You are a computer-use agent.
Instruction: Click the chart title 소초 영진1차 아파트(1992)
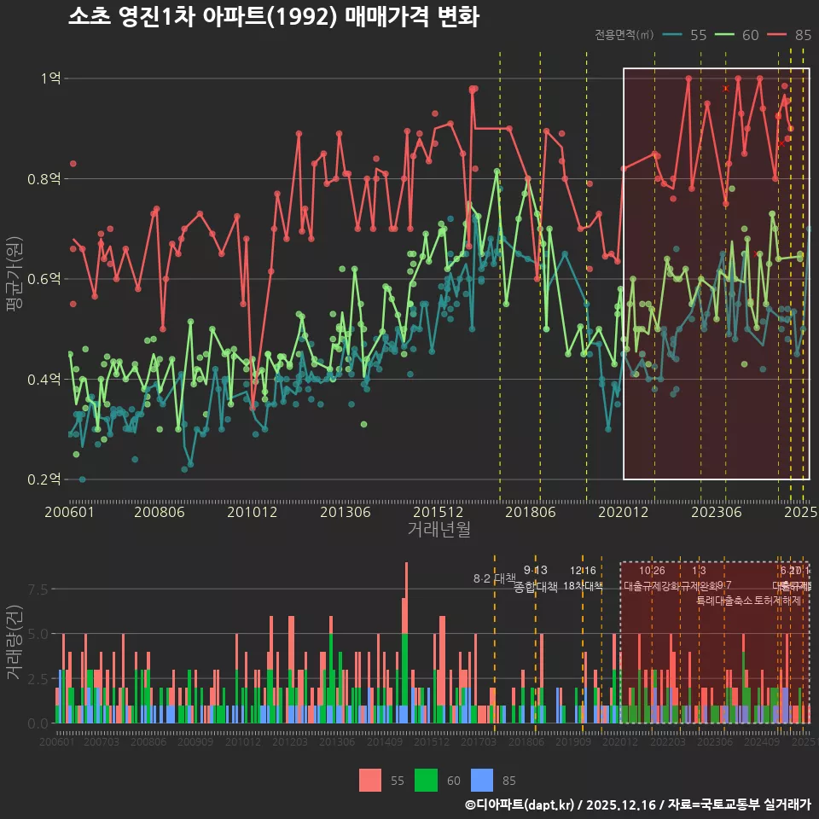(273, 17)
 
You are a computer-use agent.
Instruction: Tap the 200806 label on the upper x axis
(160, 512)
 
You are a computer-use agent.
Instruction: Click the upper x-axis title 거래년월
(439, 530)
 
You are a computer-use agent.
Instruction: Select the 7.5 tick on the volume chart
(38, 590)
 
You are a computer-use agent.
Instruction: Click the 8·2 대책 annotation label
(495, 578)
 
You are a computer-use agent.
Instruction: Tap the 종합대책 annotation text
(535, 587)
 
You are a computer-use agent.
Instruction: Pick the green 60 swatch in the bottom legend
(427, 780)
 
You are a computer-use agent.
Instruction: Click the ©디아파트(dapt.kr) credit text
(520, 804)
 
